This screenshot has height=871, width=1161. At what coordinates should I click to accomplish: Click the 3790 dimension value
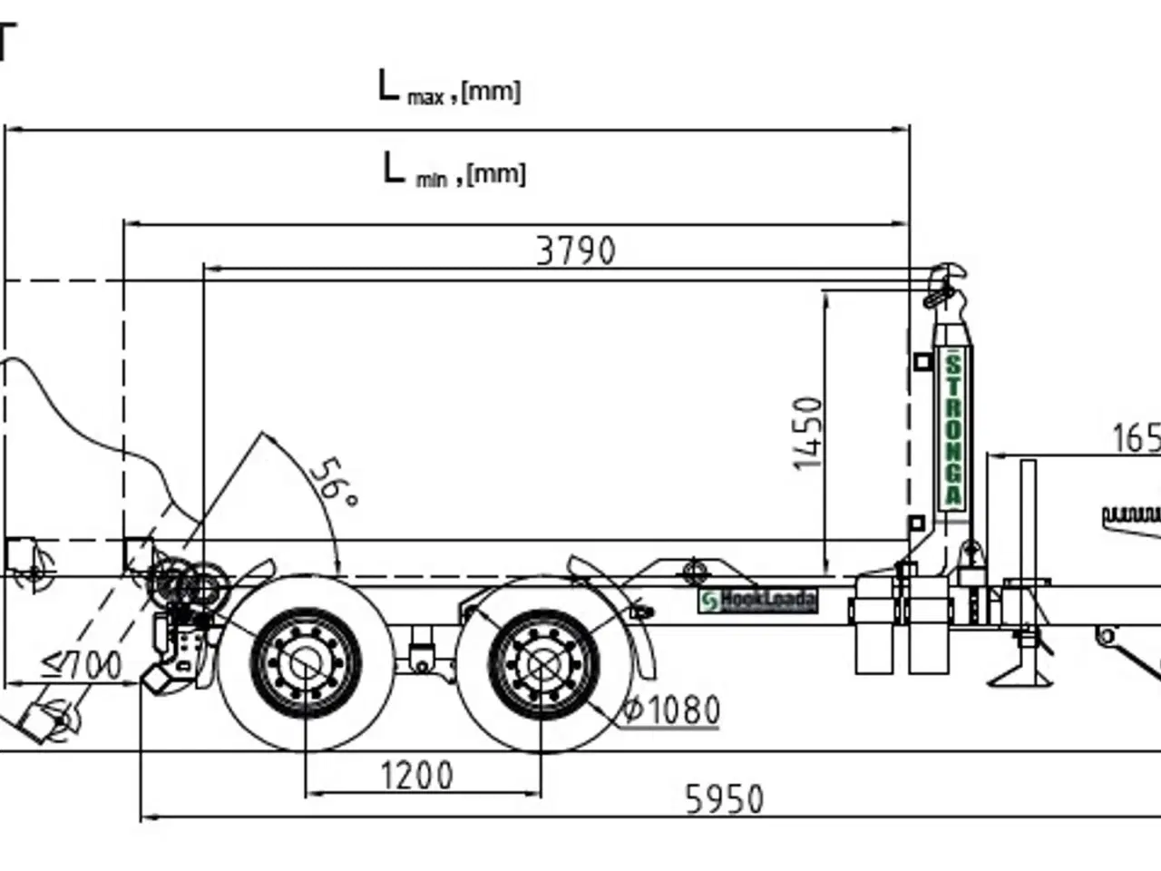(x=575, y=250)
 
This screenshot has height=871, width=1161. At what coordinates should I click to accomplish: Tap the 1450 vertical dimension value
(x=808, y=433)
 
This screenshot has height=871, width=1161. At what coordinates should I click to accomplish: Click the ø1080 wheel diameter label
(x=671, y=710)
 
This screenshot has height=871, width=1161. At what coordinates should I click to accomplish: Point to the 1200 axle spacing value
(x=416, y=776)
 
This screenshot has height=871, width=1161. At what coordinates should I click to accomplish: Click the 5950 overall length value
(x=724, y=799)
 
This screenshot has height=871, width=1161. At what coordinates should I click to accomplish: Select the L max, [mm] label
(x=450, y=89)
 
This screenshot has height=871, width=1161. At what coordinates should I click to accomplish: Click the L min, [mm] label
(x=454, y=171)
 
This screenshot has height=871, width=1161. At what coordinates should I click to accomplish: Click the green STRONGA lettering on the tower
(x=953, y=429)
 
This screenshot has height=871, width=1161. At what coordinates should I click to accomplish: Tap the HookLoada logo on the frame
(x=758, y=600)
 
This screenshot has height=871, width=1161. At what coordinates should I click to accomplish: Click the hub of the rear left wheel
(x=305, y=662)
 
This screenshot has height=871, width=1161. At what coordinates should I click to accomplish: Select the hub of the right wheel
(x=541, y=662)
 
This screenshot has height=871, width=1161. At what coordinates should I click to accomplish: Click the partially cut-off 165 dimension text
(x=1136, y=438)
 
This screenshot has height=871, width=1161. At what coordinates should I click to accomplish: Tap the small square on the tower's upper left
(x=922, y=362)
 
